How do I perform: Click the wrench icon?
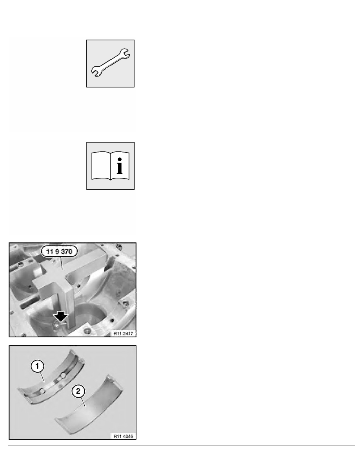click(x=111, y=63)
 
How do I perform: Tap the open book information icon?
click(x=111, y=166)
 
